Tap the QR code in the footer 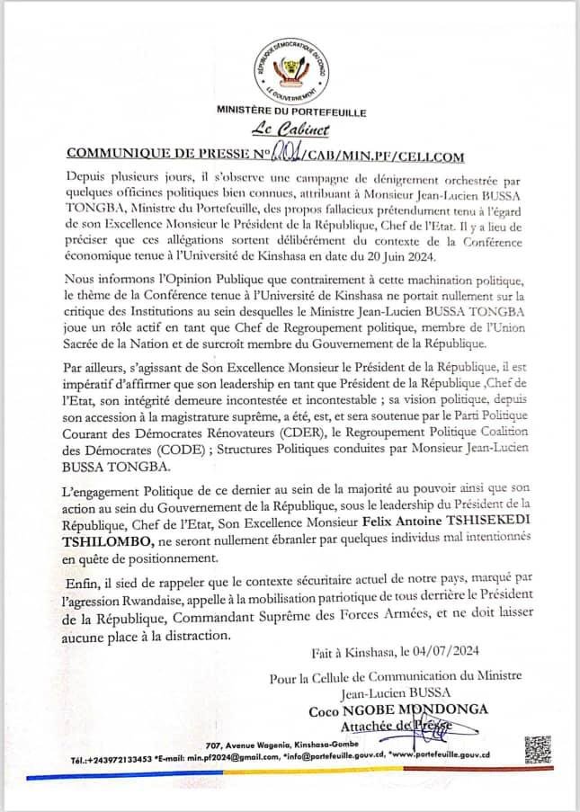click(537, 749)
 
